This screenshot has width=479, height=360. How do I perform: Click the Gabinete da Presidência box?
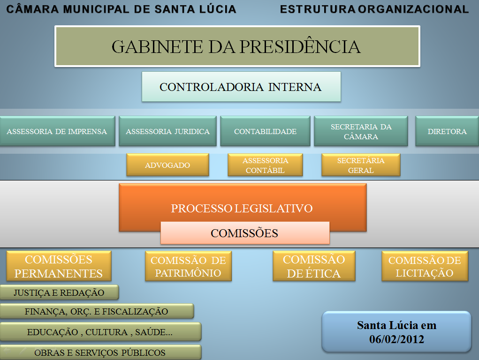coord(237,46)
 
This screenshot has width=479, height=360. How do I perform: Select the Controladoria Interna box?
coord(241,87)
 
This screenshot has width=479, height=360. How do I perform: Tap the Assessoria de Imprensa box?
coord(57,131)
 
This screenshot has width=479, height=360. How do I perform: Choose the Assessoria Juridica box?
coord(167,131)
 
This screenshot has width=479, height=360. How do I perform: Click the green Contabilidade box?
coord(265,131)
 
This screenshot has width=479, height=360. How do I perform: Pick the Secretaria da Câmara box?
coord(361,131)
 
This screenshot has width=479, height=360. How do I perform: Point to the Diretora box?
coord(447,131)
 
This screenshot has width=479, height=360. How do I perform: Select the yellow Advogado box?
coord(167,165)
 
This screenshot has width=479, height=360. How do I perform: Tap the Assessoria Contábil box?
coord(265,165)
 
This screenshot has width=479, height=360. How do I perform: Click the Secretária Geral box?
coord(361,165)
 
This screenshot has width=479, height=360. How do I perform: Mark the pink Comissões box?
coord(244,233)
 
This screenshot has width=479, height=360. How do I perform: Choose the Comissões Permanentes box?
coord(59,266)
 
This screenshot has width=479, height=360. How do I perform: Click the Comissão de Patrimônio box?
coord(188,266)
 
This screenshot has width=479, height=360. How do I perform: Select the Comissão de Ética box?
coord(314,266)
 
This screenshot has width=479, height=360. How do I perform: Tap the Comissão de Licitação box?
coord(425,266)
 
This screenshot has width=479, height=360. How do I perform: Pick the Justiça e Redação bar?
coord(59,293)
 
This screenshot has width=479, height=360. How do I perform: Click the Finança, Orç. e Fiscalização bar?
coord(96,311)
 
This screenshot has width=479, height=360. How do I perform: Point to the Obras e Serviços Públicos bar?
coord(100,352)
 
